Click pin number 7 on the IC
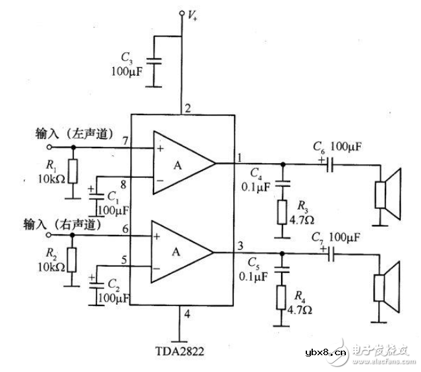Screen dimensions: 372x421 pos(124,140)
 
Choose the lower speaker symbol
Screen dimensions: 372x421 pos(389,283)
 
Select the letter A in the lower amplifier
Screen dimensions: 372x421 pos(177,252)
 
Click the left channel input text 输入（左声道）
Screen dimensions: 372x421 pos(74,135)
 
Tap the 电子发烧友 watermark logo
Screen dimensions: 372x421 pos(380,352)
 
